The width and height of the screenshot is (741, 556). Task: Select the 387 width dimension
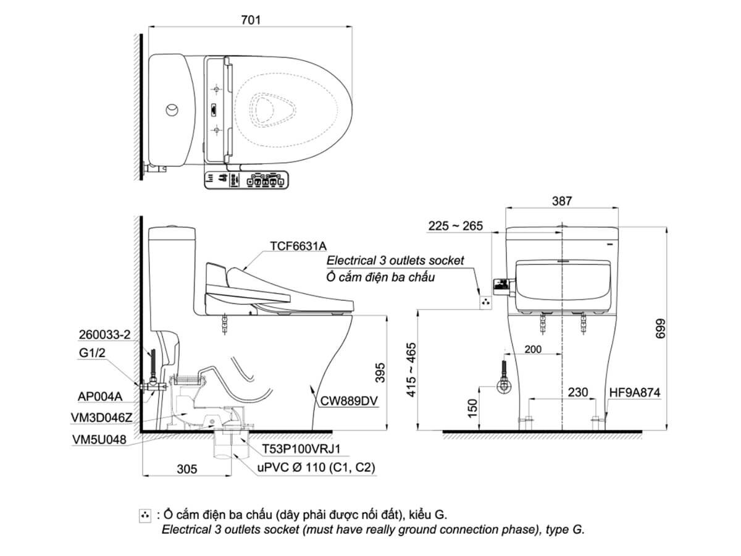562,201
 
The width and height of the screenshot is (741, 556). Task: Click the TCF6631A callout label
298,245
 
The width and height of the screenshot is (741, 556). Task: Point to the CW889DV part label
349,401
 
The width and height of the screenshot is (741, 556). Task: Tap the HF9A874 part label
635,392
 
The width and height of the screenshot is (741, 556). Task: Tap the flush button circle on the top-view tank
172,111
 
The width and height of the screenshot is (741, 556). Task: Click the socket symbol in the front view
486,302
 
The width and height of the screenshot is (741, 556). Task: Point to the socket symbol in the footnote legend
145,515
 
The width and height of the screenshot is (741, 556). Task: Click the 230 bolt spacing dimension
577,392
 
